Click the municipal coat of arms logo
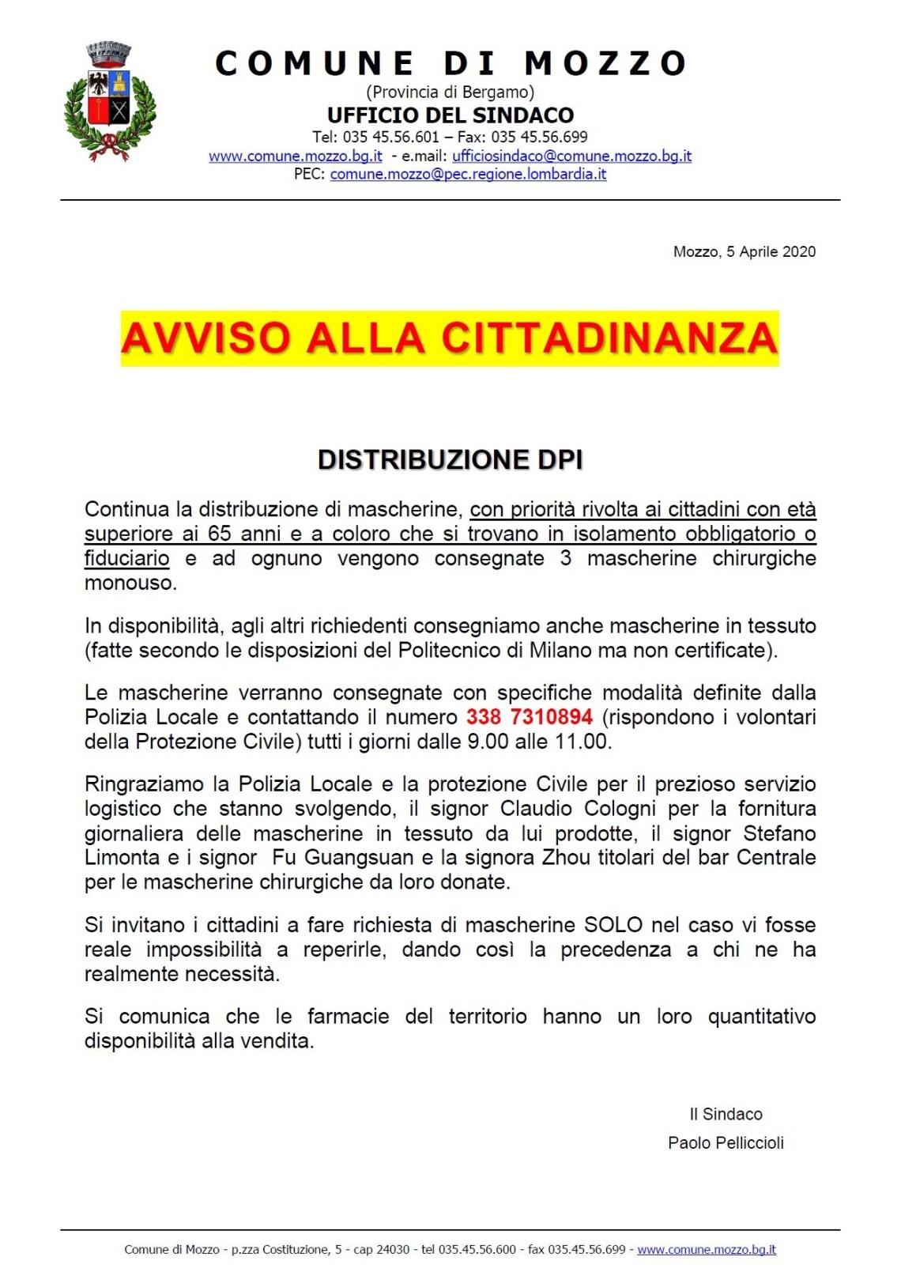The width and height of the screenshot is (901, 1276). click(x=110, y=101)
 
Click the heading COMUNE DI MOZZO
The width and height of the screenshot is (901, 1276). click(x=450, y=64)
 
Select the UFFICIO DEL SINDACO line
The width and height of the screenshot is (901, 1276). click(x=450, y=115)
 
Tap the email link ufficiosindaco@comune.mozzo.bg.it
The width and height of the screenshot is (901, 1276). click(x=571, y=157)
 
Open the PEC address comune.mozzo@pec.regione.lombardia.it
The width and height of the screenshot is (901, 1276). click(x=468, y=174)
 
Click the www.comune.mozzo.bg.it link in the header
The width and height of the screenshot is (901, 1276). click(x=296, y=157)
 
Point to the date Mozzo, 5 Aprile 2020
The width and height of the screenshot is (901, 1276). click(x=744, y=252)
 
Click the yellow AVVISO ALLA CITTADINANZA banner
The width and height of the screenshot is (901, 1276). click(x=450, y=338)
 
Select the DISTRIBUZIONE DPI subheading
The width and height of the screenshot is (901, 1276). click(x=450, y=460)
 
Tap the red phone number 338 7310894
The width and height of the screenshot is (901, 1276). click(x=529, y=717)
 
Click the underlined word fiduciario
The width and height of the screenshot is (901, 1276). click(x=126, y=558)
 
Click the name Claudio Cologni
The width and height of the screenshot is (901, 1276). click(x=578, y=809)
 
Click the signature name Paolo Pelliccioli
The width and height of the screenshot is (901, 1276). click(x=726, y=1143)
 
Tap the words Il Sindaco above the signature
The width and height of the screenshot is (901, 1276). click(x=726, y=1115)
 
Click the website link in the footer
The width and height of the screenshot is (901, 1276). click(x=706, y=1250)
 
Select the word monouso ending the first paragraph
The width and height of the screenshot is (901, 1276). click(x=130, y=583)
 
